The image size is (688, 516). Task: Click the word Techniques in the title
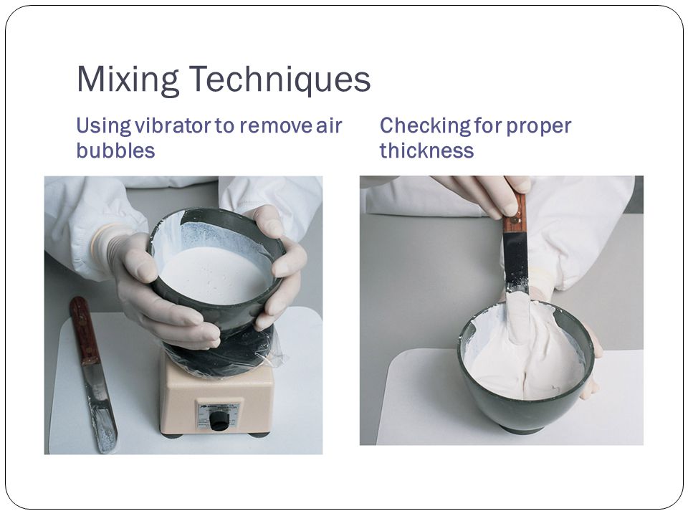point(279,80)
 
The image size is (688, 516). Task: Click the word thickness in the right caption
point(426,150)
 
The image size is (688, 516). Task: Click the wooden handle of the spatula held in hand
point(514,214)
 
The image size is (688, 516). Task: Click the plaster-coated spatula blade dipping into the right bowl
point(517,308)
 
